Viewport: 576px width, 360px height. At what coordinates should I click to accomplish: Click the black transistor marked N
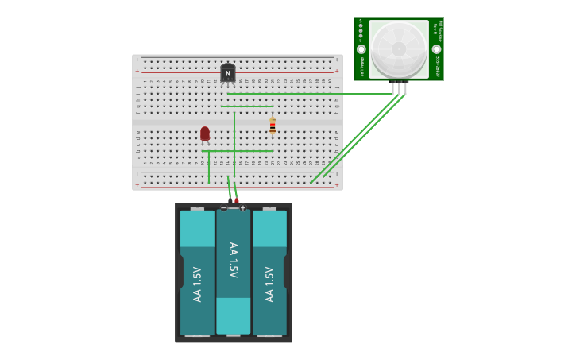tap(228, 73)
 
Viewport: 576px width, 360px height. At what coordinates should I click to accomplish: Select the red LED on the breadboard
tap(205, 134)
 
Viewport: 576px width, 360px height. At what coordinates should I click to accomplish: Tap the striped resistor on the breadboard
tap(273, 126)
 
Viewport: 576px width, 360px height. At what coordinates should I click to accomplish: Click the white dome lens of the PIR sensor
tap(399, 48)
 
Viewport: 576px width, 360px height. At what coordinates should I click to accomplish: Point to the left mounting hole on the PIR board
tap(361, 49)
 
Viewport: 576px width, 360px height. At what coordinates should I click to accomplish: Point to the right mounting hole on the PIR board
tap(436, 49)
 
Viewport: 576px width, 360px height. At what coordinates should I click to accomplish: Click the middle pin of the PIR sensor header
tap(399, 87)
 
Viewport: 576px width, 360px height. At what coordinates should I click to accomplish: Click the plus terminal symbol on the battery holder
tap(243, 208)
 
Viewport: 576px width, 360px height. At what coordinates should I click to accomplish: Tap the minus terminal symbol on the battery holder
tap(224, 208)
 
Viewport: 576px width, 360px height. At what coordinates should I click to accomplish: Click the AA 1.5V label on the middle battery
tap(234, 260)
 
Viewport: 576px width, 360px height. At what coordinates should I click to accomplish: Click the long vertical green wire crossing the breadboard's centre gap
tap(234, 143)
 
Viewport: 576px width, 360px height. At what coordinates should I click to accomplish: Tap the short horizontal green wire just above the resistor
tap(247, 106)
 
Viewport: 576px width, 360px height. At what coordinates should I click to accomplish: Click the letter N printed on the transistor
tap(228, 74)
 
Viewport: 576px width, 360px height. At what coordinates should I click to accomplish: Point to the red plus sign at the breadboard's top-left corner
tap(137, 71)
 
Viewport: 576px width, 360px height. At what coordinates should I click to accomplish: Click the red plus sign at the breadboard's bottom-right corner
tap(337, 185)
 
